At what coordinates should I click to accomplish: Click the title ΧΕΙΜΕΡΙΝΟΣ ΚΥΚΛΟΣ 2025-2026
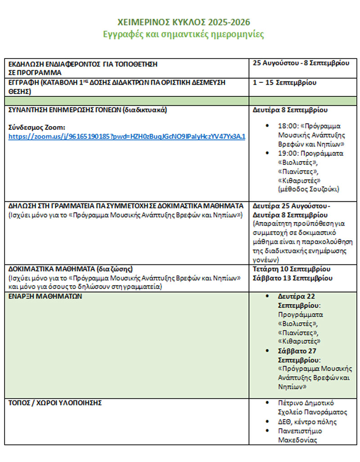[x=184, y=22]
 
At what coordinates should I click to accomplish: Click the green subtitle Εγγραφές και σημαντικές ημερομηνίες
[x=184, y=34]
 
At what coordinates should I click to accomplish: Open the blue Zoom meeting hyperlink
[x=127, y=136]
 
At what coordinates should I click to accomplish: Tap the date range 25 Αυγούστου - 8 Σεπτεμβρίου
[x=301, y=63]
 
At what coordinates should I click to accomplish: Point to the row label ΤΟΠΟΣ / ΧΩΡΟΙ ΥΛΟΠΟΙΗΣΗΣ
[x=55, y=403]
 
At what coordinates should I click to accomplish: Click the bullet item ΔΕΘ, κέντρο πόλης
[x=307, y=422]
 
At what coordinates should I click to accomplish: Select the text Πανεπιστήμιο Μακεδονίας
[x=300, y=435]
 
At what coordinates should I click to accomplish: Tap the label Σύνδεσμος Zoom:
[x=37, y=127]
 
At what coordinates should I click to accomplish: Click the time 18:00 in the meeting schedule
[x=287, y=126]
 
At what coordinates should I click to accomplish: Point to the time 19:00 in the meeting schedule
[x=287, y=153]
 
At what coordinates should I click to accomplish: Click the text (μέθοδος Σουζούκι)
[x=309, y=189]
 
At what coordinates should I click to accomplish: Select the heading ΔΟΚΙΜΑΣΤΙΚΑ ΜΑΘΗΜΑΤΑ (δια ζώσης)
[x=71, y=269]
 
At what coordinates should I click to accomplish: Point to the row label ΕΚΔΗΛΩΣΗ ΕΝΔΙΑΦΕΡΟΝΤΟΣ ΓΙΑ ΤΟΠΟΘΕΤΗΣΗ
[x=83, y=64]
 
